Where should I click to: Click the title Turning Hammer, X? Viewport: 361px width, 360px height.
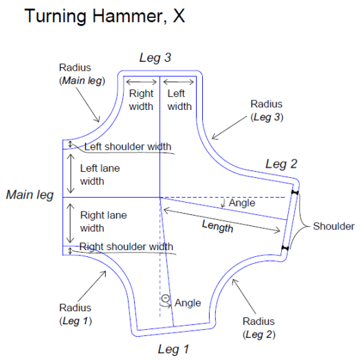pyautogui.click(x=105, y=16)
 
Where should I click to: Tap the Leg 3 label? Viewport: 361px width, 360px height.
pyautogui.click(x=155, y=58)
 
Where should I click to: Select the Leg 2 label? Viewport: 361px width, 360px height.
pyautogui.click(x=281, y=164)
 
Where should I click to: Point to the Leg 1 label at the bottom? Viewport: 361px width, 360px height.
pyautogui.click(x=173, y=349)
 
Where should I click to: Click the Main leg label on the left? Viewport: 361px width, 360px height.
pyautogui.click(x=30, y=195)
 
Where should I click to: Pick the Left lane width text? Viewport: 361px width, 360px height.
pyautogui.click(x=100, y=175)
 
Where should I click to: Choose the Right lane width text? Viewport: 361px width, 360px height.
pyautogui.click(x=103, y=221)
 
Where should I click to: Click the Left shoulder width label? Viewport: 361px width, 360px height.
pyautogui.click(x=128, y=146)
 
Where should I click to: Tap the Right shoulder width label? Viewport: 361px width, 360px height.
pyautogui.click(x=126, y=247)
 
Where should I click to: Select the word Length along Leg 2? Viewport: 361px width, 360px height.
pyautogui.click(x=217, y=226)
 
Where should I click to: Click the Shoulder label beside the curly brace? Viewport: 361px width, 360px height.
pyautogui.click(x=333, y=226)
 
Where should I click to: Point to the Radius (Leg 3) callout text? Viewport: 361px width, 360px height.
pyautogui.click(x=267, y=111)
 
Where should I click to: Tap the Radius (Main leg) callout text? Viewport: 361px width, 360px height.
pyautogui.click(x=82, y=74)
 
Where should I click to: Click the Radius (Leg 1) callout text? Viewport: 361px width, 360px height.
pyautogui.click(x=76, y=314)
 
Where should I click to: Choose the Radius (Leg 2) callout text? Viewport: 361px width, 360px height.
pyautogui.click(x=259, y=328)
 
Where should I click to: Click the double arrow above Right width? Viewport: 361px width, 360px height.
pyautogui.click(x=142, y=82)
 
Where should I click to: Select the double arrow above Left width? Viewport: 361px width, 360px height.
pyautogui.click(x=178, y=82)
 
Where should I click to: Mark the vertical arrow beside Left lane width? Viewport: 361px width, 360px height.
pyautogui.click(x=70, y=174)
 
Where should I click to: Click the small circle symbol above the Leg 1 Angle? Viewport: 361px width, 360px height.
pyautogui.click(x=165, y=298)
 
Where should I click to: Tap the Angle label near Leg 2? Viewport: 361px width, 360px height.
pyautogui.click(x=242, y=203)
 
